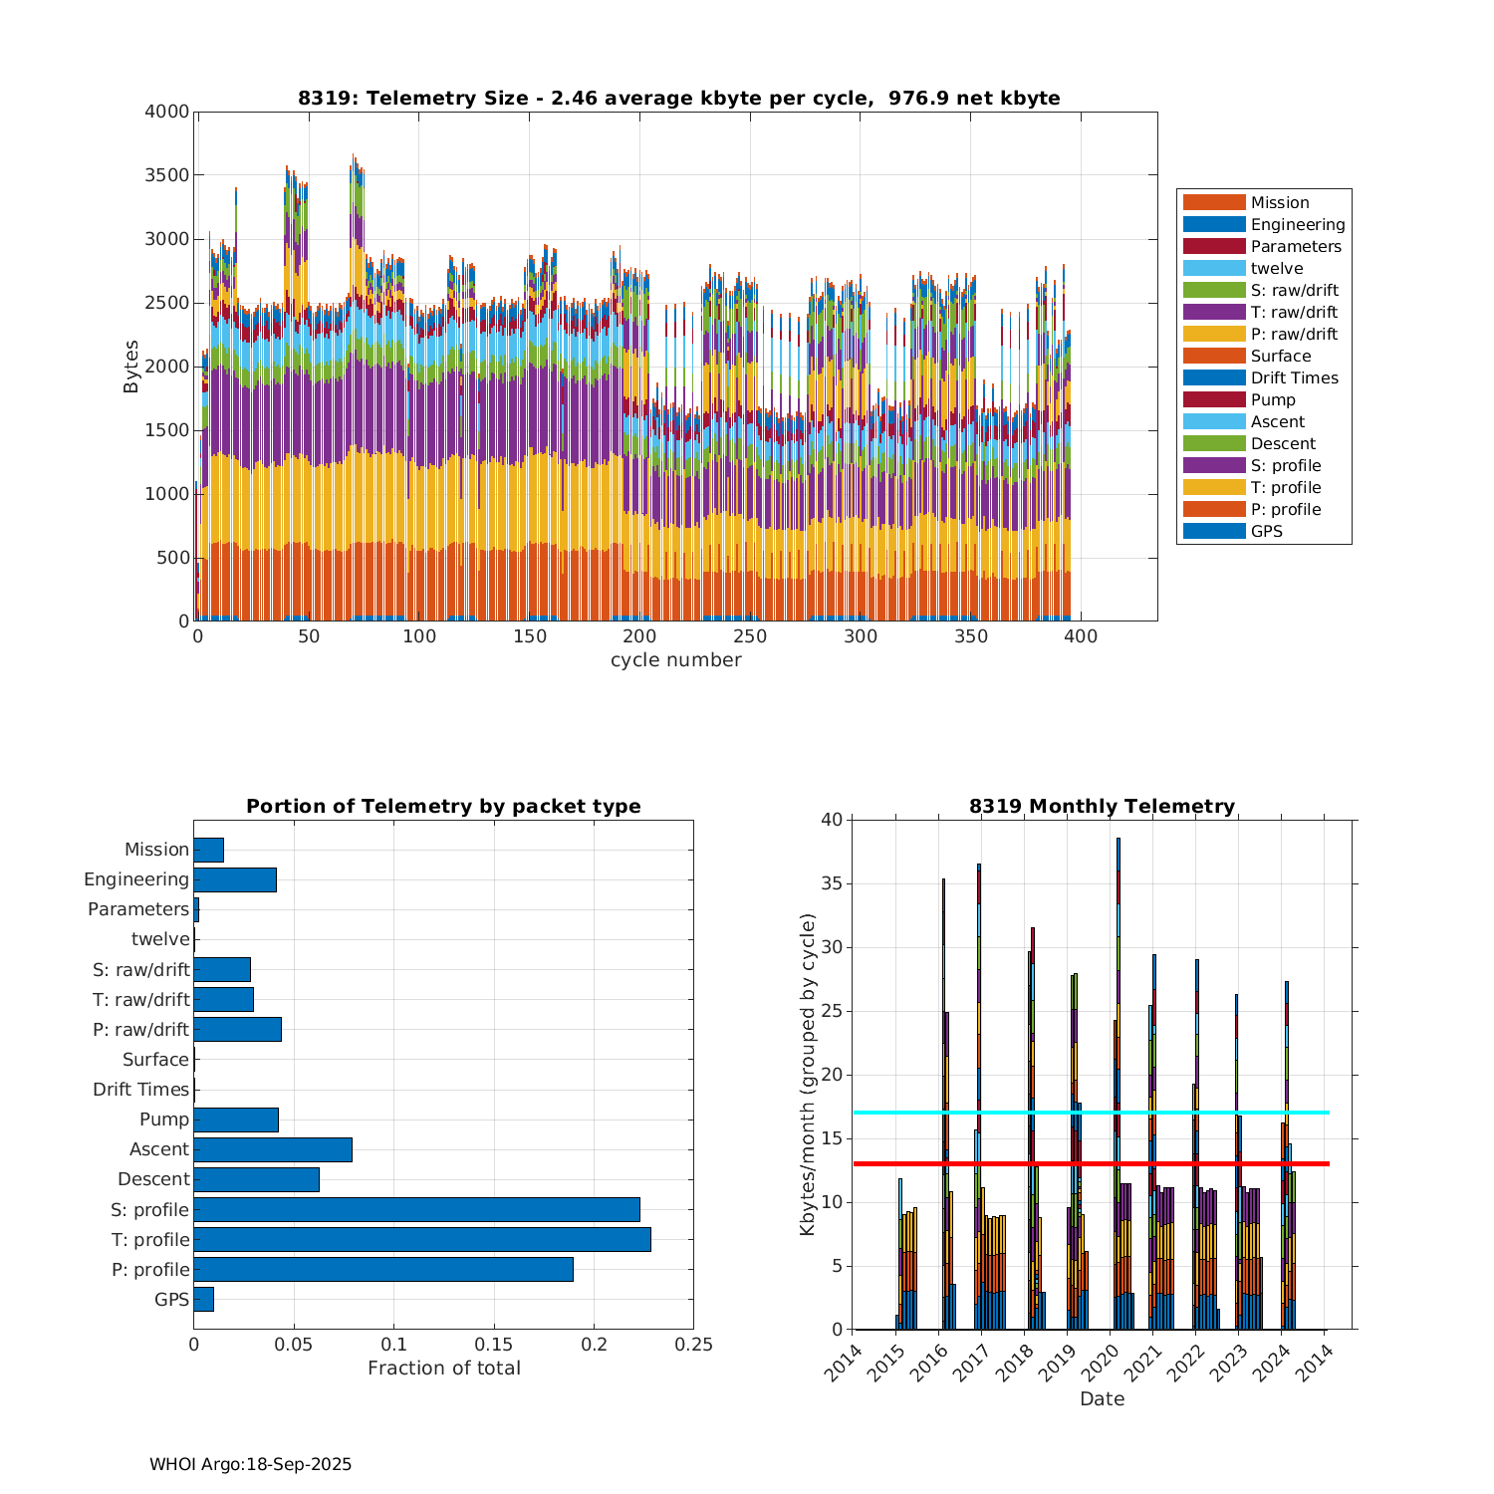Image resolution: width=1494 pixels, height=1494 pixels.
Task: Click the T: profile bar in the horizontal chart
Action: [x=422, y=1239]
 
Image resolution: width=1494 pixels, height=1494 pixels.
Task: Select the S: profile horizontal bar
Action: [x=416, y=1209]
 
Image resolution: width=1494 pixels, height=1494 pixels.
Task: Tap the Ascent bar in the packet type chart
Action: [x=273, y=1149]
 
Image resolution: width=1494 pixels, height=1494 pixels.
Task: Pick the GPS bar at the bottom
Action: [x=203, y=1299]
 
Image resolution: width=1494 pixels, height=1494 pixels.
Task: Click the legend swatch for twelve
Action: [x=1214, y=268]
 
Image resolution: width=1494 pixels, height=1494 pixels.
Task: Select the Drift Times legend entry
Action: [x=1294, y=377]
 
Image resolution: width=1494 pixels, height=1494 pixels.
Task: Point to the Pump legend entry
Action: [x=1273, y=399]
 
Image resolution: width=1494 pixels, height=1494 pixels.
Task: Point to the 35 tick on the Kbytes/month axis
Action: [x=831, y=883]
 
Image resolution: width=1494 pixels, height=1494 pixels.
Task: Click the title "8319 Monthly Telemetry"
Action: [x=1102, y=806]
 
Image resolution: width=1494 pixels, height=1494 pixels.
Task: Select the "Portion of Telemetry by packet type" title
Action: [x=443, y=806]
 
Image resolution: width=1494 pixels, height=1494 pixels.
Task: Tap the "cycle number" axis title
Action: [x=675, y=660]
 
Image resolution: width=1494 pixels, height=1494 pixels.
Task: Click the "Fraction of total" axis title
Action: [x=443, y=1369]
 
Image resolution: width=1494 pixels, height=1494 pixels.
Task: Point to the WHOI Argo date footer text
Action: [x=250, y=1464]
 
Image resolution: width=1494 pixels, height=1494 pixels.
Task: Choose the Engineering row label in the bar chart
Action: [x=136, y=879]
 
